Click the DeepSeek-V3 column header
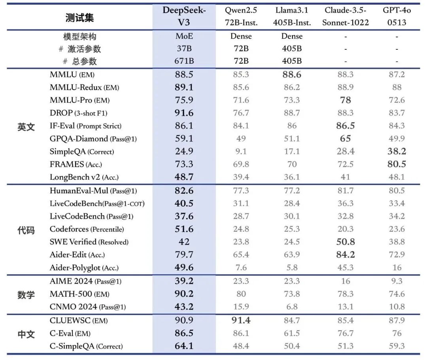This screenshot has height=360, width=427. pos(184,16)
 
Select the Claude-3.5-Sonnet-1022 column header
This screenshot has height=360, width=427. pos(345,16)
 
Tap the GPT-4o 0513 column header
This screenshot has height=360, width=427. pos(397,16)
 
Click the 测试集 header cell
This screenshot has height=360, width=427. pos(79,18)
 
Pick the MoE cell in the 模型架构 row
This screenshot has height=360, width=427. pos(184,36)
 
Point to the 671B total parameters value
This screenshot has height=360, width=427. pos(184,61)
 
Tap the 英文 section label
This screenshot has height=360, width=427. pos(26,127)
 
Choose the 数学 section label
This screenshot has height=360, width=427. pos(26,295)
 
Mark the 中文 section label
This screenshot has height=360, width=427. pos(26,334)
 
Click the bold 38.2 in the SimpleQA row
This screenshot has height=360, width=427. pos(397,151)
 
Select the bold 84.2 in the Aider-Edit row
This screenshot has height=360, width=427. pos(345,255)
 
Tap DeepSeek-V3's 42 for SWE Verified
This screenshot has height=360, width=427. pos(184,242)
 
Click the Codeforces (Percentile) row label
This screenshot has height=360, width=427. pos(87,229)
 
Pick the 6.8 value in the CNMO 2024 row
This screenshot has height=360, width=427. pos(292,307)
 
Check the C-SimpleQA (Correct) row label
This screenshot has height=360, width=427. pos(86,347)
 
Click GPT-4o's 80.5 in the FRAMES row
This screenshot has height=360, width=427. pos(397,164)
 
